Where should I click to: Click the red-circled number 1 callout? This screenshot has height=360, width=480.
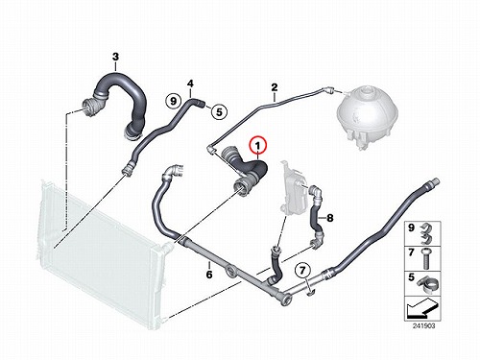click(x=257, y=146)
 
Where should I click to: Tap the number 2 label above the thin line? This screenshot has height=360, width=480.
click(x=275, y=87)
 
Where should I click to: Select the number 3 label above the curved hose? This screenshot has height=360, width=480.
click(x=115, y=57)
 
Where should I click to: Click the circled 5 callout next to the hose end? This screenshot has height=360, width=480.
click(x=219, y=112)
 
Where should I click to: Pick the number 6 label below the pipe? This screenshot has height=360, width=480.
click(x=209, y=275)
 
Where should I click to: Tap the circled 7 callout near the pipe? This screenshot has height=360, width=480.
click(x=302, y=271)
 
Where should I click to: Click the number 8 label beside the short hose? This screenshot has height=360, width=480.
click(x=330, y=218)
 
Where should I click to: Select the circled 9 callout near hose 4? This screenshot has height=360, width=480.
click(x=173, y=102)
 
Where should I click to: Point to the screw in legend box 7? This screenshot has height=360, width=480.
click(x=425, y=258)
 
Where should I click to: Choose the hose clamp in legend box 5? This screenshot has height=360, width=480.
click(x=427, y=283)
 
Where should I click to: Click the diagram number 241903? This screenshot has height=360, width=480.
click(x=423, y=325)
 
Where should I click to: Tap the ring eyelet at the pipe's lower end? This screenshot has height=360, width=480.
click(x=286, y=300)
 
